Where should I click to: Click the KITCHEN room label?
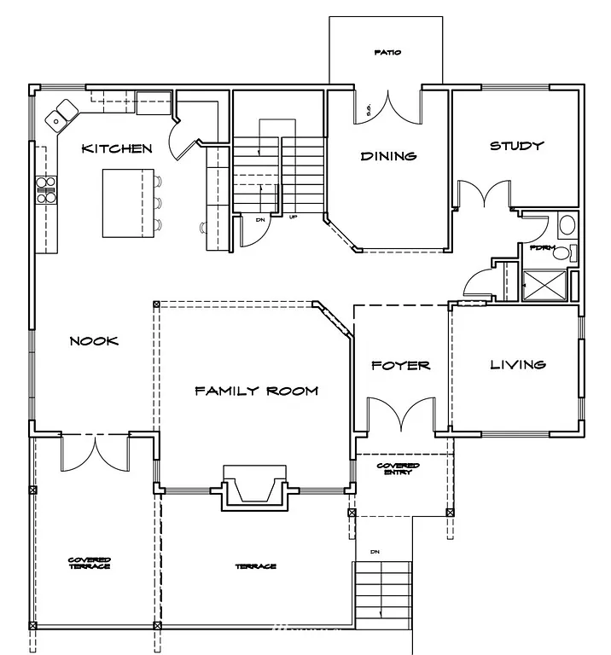coord(117,149)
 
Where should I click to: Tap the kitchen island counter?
coord(127,203)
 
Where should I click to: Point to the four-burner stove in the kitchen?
coord(45,189)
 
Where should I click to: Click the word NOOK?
coord(94,341)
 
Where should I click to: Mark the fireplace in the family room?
coord(253,487)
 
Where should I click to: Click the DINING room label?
coord(388,156)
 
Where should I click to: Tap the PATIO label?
coord(387,53)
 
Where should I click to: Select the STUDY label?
coord(516,146)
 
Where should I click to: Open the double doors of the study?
coord(485,194)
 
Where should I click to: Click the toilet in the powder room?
coord(566,226)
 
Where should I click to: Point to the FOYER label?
coord(401,366)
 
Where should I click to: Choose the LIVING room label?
coord(517,365)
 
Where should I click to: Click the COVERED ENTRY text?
coord(399,469)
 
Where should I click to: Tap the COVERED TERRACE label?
coord(90,563)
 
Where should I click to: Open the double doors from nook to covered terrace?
coord(95,452)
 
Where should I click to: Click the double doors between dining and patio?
coord(388,107)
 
